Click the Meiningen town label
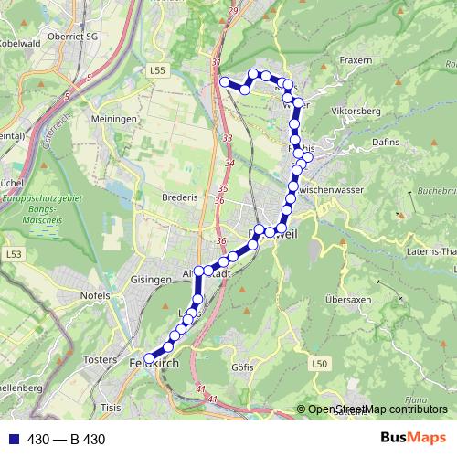click(x=114, y=119)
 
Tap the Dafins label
click(x=388, y=143)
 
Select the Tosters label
click(x=101, y=360)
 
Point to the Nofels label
click(x=95, y=296)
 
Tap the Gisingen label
click(x=152, y=279)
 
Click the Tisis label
click(x=111, y=408)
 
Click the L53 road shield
click(x=13, y=252)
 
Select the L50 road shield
click(x=318, y=364)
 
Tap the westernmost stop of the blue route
click(x=148, y=359)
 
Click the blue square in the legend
click(x=14, y=439)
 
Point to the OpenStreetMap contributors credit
click(x=376, y=409)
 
